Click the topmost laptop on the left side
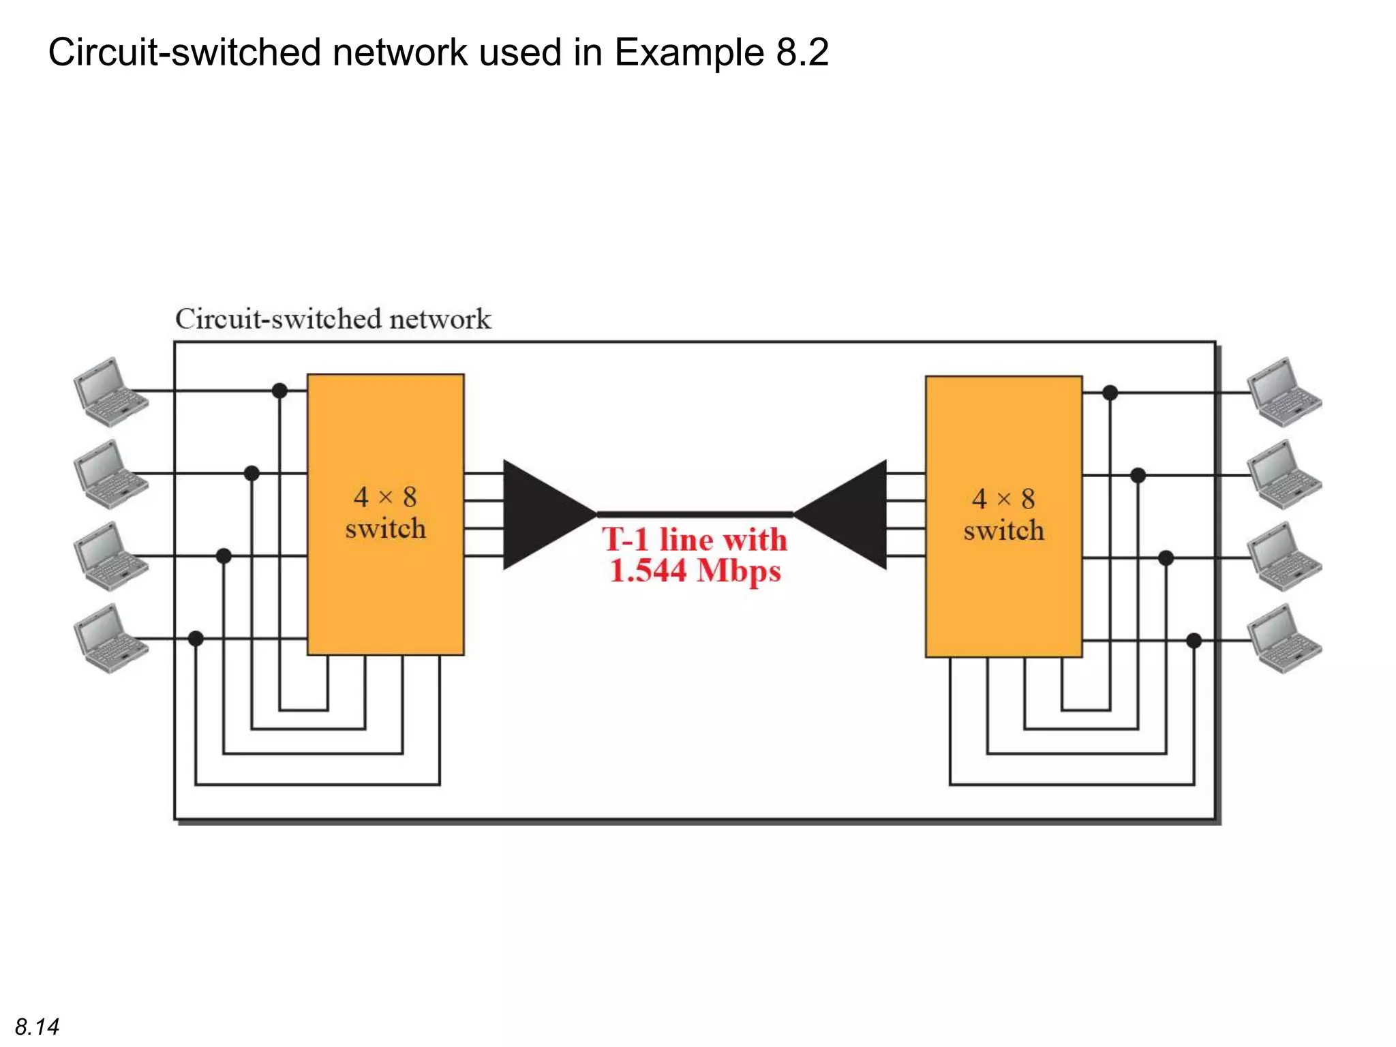(110, 392)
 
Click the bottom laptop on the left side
(110, 639)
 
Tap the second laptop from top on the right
(1284, 475)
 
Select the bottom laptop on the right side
(1284, 640)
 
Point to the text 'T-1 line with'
(694, 540)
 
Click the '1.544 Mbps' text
(694, 571)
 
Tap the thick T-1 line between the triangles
(694, 515)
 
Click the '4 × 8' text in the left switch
(385, 497)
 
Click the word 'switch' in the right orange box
(1003, 530)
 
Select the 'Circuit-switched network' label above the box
(333, 319)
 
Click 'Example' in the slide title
(689, 52)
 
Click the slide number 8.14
(37, 1027)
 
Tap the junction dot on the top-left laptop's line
(279, 391)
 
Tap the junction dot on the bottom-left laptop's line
(196, 639)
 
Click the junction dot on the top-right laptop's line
(1110, 393)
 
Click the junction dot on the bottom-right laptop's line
(1194, 641)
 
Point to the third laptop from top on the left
(110, 556)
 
